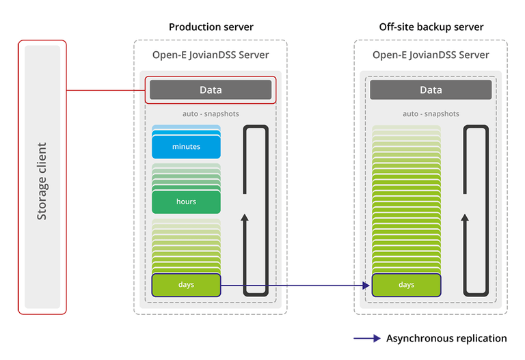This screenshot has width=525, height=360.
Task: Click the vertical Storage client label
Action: coord(42,181)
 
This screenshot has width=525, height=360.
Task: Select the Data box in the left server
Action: coord(211,90)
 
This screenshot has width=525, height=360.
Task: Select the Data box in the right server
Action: coord(431,90)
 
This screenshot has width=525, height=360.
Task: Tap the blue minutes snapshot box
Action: coord(186,147)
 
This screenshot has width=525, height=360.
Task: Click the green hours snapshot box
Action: coord(186,202)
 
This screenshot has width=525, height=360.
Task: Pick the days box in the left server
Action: coord(186,285)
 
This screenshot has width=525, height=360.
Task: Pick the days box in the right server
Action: coord(406,285)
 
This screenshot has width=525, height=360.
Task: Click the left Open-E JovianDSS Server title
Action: coord(211,55)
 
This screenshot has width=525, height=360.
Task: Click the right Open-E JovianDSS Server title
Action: coord(431,55)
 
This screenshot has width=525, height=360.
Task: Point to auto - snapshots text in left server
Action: coord(211,114)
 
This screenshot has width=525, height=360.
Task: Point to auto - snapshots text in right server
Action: coord(431,114)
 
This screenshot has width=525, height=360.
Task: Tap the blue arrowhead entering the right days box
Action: coord(366,286)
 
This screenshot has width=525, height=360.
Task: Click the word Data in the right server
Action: coord(431,90)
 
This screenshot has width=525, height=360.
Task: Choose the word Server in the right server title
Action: coord(473,55)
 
